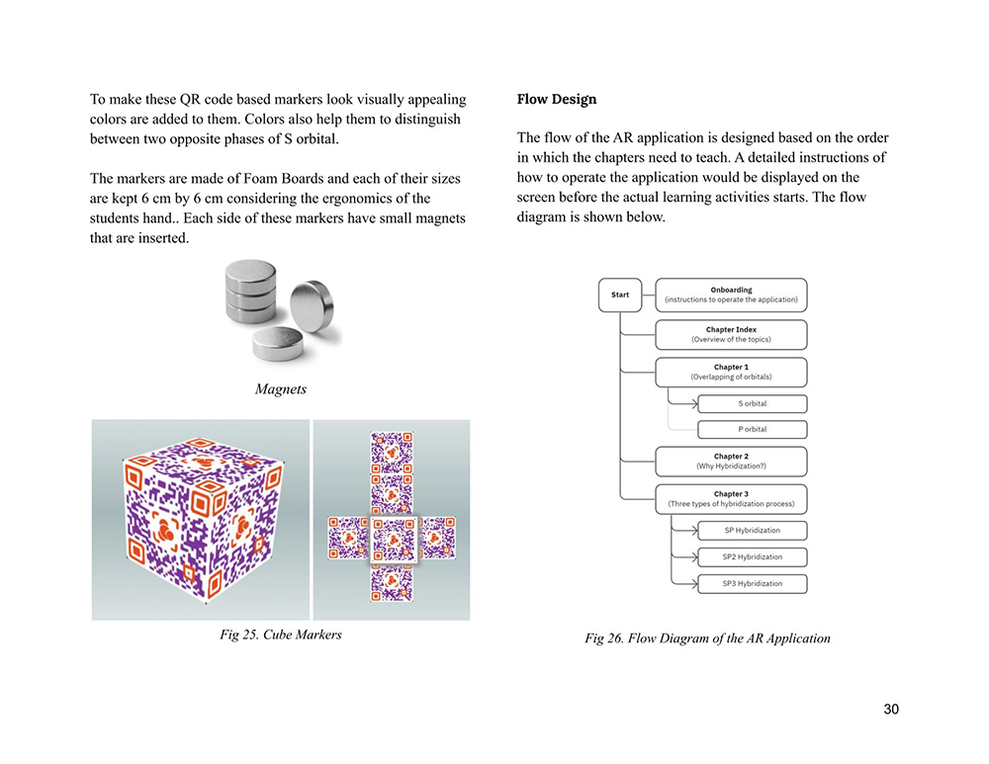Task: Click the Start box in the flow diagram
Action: (x=620, y=295)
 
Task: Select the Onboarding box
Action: (x=731, y=295)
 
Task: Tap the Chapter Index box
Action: (x=731, y=334)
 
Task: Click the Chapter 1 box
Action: (x=731, y=372)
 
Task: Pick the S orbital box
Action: (x=753, y=403)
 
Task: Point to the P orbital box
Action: (x=753, y=429)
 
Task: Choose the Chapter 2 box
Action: (x=731, y=461)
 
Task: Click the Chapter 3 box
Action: (x=731, y=498)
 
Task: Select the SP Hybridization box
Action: (x=753, y=530)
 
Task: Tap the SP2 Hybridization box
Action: (x=753, y=556)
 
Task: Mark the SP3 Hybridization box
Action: (x=753, y=583)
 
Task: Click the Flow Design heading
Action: (x=556, y=100)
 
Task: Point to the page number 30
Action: (x=891, y=709)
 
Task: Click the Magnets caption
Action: (x=280, y=388)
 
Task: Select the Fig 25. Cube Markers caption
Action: (x=281, y=635)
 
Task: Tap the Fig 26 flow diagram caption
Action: (x=707, y=638)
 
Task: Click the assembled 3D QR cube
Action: (x=201, y=520)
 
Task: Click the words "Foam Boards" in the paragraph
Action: (x=279, y=178)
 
